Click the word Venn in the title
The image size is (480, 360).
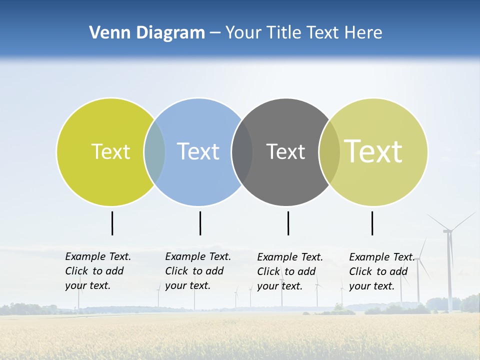pos(106,33)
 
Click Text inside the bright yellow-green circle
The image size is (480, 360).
pos(110,151)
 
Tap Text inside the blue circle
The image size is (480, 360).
pos(198,151)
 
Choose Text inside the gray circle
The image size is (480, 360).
pos(285,151)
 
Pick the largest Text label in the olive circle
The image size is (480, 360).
pos(373,151)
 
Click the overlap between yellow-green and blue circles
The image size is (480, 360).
pos(154,152)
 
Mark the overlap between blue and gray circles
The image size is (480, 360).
pos(242,152)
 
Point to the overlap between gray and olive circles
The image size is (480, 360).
pos(329,152)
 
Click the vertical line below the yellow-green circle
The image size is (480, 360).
pos(112,223)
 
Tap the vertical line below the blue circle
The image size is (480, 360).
pos(200,223)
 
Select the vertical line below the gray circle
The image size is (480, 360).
pos(288,223)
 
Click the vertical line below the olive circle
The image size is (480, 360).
pos(372,223)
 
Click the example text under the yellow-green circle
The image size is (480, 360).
pos(97,271)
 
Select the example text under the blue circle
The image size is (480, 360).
pos(197,271)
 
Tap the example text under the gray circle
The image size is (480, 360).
pos(289,271)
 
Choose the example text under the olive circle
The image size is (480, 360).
pos(381,271)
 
